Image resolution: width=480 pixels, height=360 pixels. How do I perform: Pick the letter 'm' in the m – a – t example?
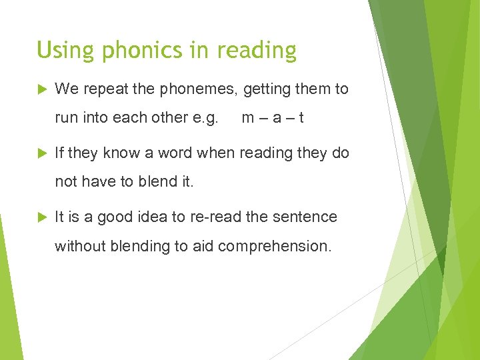point(248,118)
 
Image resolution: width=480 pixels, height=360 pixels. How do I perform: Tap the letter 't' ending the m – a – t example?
point(302,118)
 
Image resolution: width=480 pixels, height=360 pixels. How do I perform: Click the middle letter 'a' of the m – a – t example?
point(276,118)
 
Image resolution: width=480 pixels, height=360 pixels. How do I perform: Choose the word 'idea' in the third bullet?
point(152,217)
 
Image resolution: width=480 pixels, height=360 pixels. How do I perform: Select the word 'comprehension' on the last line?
point(274,246)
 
